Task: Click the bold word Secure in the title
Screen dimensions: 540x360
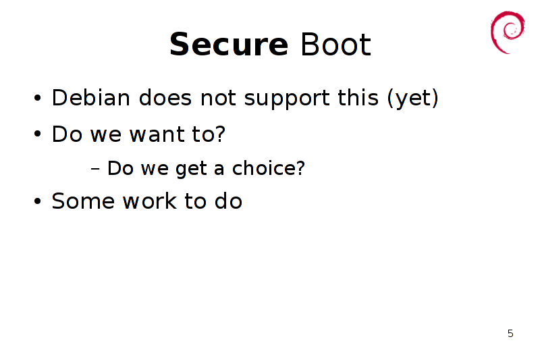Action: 229,44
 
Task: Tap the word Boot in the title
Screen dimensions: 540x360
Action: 335,44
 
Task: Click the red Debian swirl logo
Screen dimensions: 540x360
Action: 507,32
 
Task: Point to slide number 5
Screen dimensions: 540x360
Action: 510,334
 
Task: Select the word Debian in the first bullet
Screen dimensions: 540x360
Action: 91,97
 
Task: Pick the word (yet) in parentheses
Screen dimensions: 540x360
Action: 413,99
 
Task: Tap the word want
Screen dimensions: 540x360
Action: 157,134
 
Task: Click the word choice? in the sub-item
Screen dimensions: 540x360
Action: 269,168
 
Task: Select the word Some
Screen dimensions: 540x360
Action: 83,201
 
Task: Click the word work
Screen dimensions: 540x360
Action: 150,201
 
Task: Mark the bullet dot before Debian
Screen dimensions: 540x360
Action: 38,98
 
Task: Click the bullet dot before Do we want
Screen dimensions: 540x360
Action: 38,134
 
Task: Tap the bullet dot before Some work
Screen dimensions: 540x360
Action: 38,201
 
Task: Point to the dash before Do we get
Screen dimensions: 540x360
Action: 95,169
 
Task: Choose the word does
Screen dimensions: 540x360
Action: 165,97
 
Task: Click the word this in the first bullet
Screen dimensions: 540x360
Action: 358,97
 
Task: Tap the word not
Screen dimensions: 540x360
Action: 218,98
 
